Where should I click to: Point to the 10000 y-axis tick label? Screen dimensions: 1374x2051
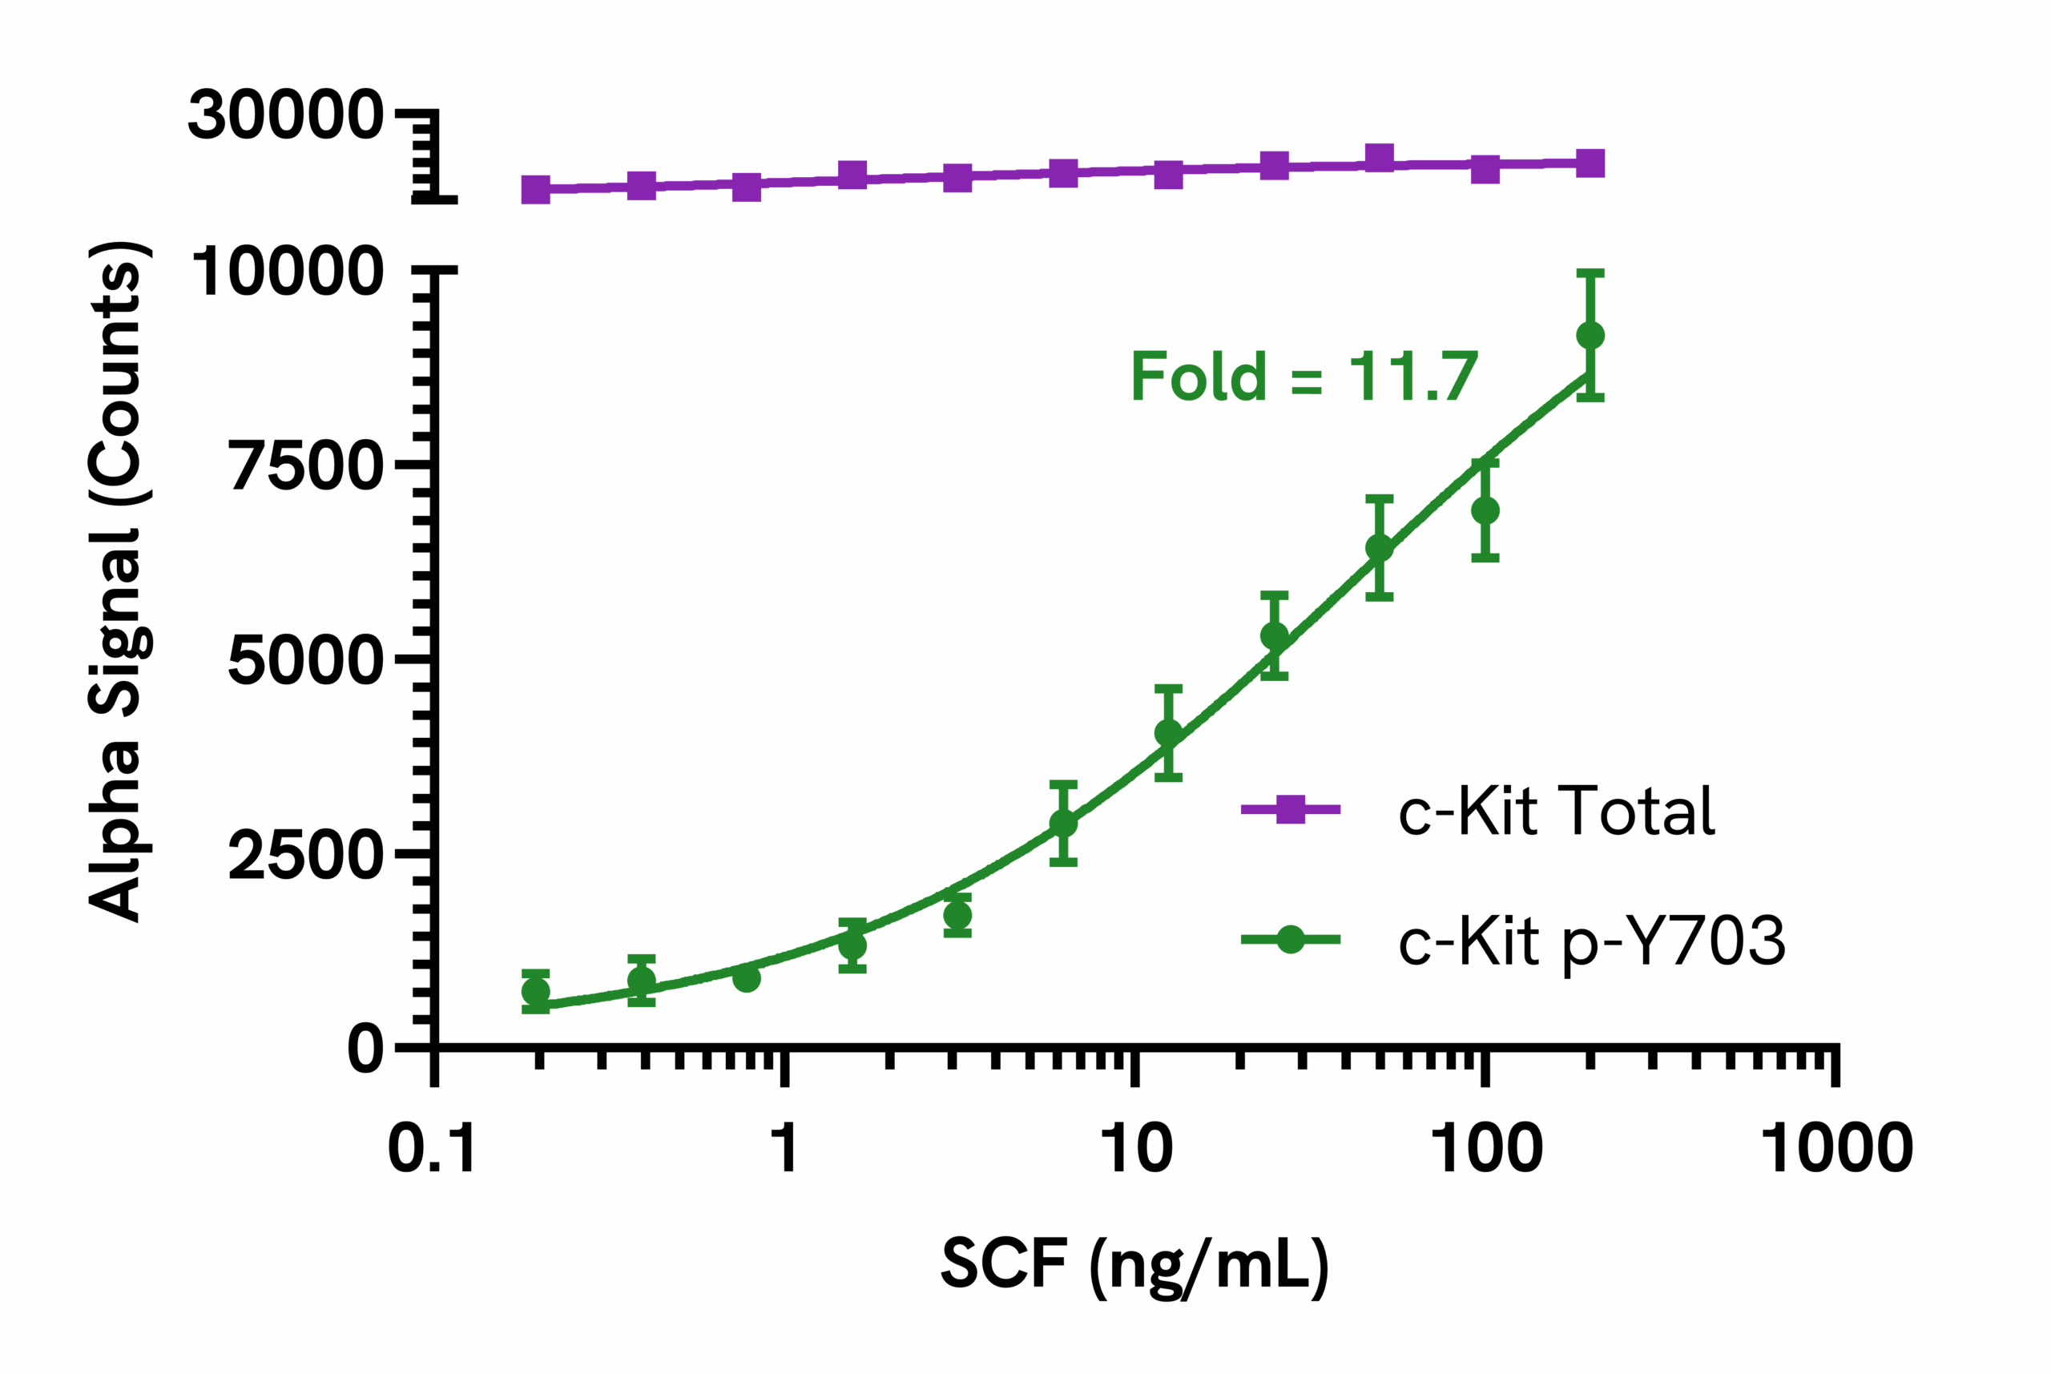coord(288,272)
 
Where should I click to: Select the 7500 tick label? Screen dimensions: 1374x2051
coord(307,466)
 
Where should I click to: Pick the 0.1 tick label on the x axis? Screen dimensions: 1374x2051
coord(432,1148)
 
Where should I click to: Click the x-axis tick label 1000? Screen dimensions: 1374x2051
coord(1837,1148)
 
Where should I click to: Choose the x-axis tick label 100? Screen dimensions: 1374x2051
coord(1487,1148)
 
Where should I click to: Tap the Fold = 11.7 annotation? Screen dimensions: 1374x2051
coord(1304,377)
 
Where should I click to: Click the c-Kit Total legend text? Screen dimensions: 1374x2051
coord(1556,811)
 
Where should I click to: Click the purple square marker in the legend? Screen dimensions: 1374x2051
coord(1291,810)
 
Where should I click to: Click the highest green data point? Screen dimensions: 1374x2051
coord(1590,335)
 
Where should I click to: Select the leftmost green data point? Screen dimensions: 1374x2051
coord(535,992)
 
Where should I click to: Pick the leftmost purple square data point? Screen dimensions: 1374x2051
coord(535,189)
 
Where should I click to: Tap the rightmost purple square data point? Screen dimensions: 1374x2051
coord(1590,163)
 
